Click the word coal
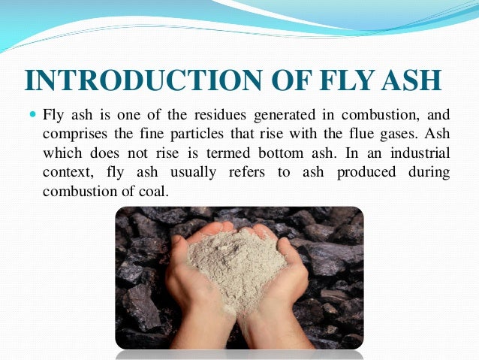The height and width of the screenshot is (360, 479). coord(154,191)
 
